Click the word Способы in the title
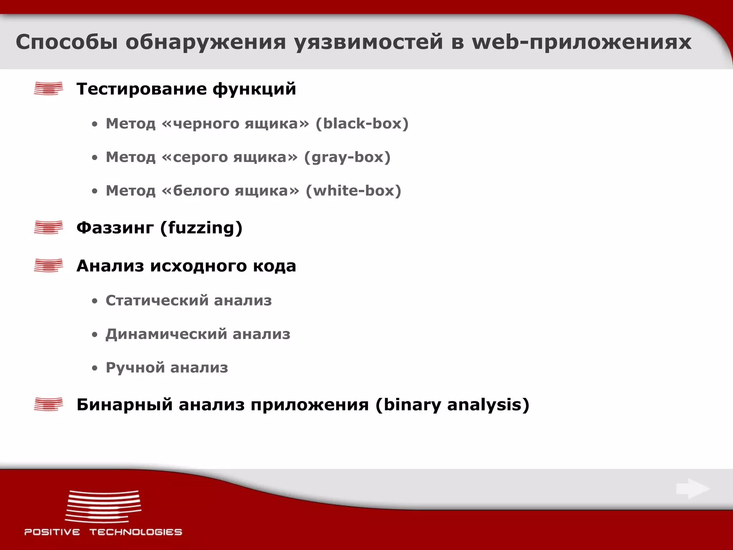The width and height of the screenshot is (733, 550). (67, 42)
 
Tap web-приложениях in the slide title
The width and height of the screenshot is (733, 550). (582, 42)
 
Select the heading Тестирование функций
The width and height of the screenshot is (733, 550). (186, 89)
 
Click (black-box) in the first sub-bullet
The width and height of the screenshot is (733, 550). (362, 124)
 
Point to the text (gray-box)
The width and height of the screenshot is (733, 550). (347, 157)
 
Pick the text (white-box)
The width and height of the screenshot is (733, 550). (353, 190)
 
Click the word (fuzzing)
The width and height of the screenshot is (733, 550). (201, 228)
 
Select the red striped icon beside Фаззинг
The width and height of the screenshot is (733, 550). (48, 227)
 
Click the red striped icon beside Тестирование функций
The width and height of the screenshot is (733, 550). (48, 88)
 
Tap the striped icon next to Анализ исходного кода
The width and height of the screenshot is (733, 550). (48, 265)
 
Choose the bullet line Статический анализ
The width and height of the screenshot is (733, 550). (189, 300)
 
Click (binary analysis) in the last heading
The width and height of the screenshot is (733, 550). (452, 405)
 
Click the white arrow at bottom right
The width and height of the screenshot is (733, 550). (693, 489)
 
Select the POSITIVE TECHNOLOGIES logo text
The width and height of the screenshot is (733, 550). (103, 532)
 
